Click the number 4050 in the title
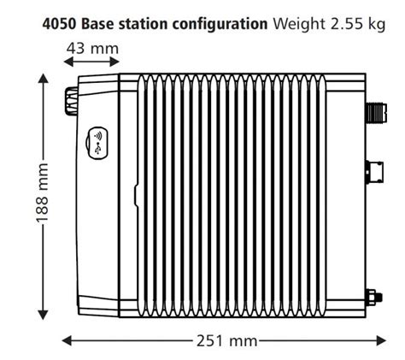coord(58,23)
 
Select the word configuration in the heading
coord(220,23)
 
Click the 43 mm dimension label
coord(92,48)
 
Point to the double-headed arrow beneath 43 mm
coord(91,65)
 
